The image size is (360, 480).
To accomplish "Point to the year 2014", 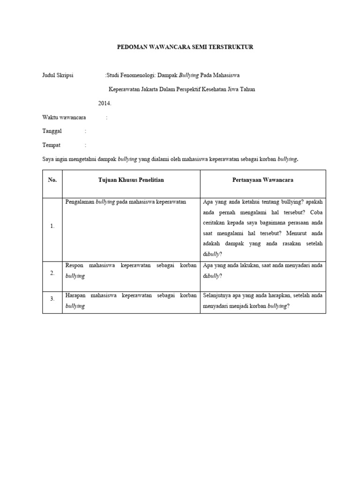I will pos(105,103).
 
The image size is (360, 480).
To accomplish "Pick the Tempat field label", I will pos(52,145).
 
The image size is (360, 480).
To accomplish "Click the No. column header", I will pos(52,180).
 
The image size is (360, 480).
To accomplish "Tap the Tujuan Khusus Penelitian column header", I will pos(131,180).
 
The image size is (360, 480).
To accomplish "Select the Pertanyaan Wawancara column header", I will pos(262,180).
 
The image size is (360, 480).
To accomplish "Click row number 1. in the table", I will pos(52,226).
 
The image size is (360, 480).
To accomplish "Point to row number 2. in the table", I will pos(52,273).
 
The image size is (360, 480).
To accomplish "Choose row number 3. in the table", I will pos(52,298).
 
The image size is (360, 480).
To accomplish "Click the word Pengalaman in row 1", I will pos(80,202).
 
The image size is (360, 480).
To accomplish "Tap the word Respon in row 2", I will pos(74,265).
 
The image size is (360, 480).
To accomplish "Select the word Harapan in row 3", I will pos(75,296).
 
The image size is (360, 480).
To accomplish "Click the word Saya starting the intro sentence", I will pos(48,159).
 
